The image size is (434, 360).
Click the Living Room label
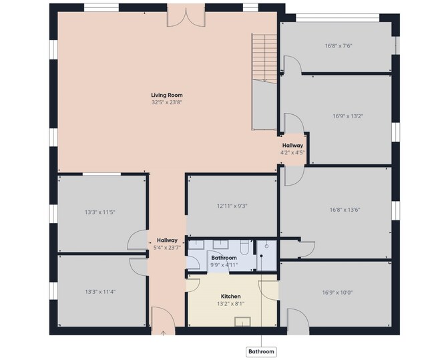coord(167,95)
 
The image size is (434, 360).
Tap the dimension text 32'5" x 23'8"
coord(167,102)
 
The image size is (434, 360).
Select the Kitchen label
coord(230,297)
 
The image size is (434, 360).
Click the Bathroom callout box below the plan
coord(261,352)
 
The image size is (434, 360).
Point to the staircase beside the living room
coord(264,58)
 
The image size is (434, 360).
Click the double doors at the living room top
coord(186,17)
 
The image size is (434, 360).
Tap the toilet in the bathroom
coord(245,247)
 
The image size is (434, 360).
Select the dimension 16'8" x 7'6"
coord(339,45)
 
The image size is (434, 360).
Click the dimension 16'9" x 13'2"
coord(348,116)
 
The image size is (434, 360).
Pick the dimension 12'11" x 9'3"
coord(232,206)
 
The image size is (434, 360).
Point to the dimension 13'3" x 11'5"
coord(100,212)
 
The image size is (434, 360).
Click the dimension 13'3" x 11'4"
coord(100,292)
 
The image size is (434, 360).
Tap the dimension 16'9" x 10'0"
coord(337,293)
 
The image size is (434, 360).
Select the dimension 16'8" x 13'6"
coord(345,210)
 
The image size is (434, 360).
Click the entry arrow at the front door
coord(164,333)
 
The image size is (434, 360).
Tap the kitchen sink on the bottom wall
coord(242,322)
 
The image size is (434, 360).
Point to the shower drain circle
coord(267,246)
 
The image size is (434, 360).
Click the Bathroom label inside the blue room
coord(224,258)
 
